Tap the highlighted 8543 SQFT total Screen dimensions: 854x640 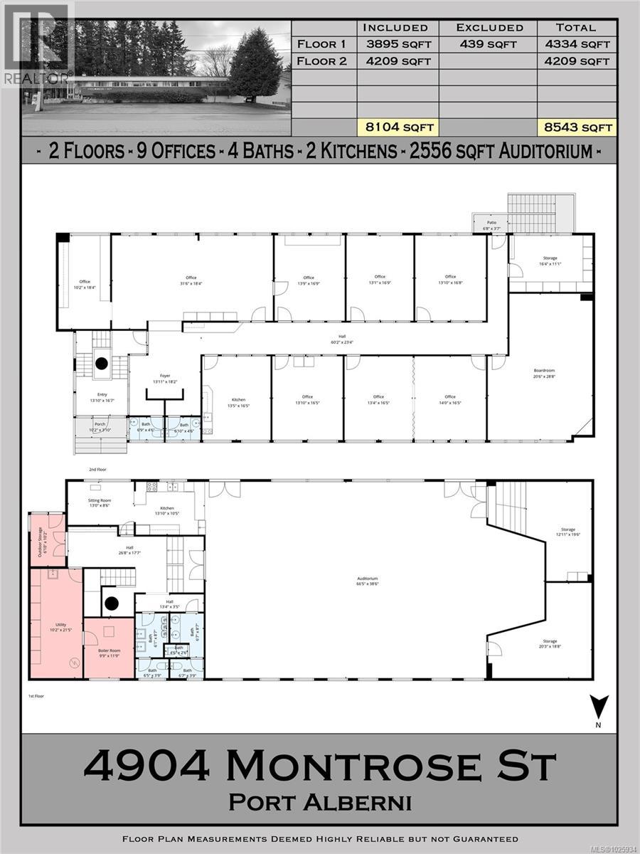(x=575, y=127)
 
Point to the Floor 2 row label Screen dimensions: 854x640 (x=322, y=61)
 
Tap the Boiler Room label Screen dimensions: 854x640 (x=108, y=651)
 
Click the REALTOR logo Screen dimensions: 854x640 (x=36, y=44)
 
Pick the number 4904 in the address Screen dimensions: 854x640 (x=146, y=766)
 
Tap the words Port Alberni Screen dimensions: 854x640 (x=320, y=802)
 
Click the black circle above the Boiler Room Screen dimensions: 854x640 (x=112, y=605)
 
